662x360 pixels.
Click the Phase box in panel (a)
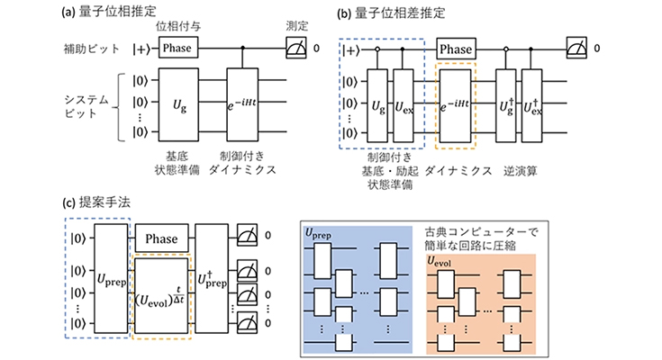(x=178, y=48)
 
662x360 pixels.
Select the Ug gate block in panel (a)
(x=178, y=104)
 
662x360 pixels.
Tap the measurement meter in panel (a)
(x=296, y=48)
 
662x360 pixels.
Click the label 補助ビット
(x=92, y=49)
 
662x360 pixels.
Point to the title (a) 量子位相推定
(x=109, y=12)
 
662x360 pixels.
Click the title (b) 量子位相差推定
(x=391, y=13)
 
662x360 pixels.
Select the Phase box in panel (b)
(x=456, y=49)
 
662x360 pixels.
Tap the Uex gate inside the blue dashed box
(x=404, y=106)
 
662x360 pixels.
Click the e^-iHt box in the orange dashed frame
(x=455, y=106)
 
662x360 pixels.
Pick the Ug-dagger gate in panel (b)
(x=506, y=106)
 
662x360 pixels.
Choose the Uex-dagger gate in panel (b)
(x=532, y=106)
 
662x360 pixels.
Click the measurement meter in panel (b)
(x=576, y=48)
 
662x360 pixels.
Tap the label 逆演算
(x=521, y=171)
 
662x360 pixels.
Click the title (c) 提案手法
(x=96, y=202)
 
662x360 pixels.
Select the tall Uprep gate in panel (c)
(x=111, y=278)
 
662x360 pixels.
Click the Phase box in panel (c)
(x=162, y=238)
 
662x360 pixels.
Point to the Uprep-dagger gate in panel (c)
(x=212, y=278)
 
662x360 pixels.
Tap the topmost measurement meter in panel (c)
(x=247, y=236)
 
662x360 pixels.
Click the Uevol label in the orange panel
(x=440, y=262)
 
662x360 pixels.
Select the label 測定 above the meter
(x=297, y=26)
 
